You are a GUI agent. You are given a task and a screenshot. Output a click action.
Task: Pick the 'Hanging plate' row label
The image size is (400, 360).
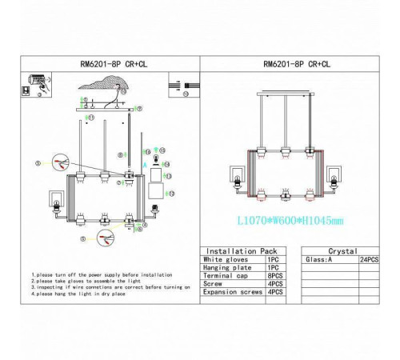tap(226, 269)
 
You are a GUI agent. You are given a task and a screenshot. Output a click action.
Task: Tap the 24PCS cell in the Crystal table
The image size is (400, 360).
tap(369, 260)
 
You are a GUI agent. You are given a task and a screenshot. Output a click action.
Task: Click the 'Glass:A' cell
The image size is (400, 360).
tap(318, 260)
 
